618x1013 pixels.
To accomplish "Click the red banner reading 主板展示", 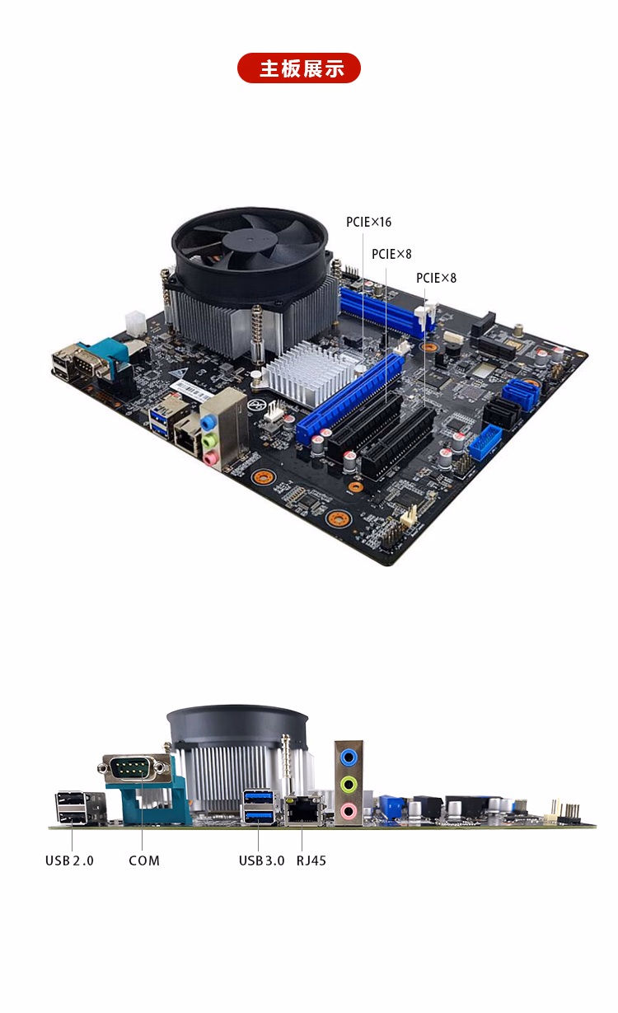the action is [299, 68].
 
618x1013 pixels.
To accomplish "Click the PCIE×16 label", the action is [368, 222].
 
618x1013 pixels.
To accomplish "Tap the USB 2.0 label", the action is [69, 861].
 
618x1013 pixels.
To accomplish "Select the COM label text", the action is [144, 861].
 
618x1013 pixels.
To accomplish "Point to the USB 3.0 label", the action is [261, 861].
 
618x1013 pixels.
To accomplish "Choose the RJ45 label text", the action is [311, 861].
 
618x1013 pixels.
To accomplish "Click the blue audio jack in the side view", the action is [349, 757].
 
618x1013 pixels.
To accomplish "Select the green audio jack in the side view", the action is [349, 784].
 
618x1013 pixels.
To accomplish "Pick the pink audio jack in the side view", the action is [349, 811].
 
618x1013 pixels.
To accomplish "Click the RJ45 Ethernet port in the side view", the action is [305, 810].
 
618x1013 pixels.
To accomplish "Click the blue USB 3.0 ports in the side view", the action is [259, 806].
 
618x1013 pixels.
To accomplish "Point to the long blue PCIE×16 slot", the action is [350, 399].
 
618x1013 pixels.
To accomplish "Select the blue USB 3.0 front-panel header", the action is [485, 443].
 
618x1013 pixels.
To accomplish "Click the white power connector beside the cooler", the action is [134, 322].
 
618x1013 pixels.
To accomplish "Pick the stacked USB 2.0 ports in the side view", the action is [72, 806].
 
